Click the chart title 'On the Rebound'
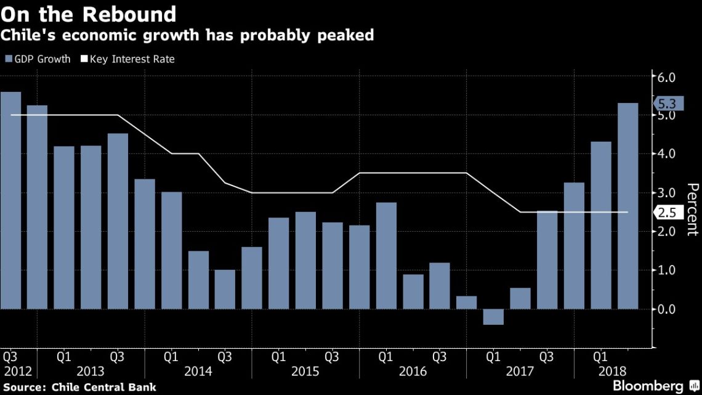coord(89,14)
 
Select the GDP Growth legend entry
coord(38,59)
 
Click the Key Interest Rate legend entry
coord(127,59)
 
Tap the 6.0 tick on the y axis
coord(667,78)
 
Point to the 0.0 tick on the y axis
coord(667,309)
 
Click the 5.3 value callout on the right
coord(667,104)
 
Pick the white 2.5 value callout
coord(667,213)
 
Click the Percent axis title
coord(692,210)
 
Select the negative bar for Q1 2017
coord(493,316)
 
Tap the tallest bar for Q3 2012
coord(10,200)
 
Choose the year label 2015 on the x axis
coord(305,372)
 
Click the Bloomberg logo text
coord(647,386)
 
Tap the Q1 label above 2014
coord(171,357)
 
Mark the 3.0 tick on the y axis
coord(667,193)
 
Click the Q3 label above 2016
coord(440,357)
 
